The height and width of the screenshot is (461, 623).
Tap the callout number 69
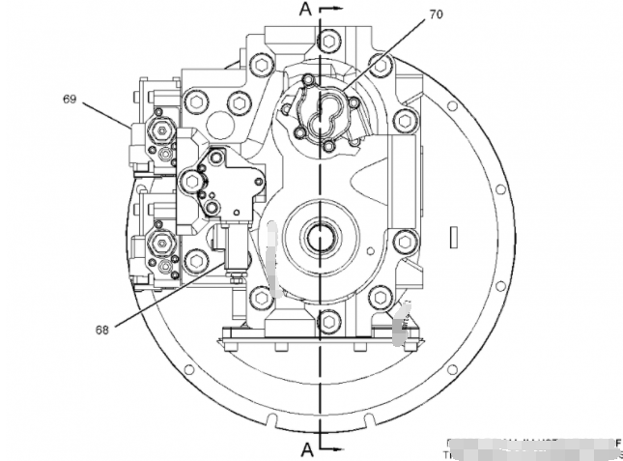pyautogui.click(x=70, y=98)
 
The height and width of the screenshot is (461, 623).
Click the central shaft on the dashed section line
pyautogui.click(x=319, y=234)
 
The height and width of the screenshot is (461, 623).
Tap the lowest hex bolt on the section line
pyautogui.click(x=329, y=319)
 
